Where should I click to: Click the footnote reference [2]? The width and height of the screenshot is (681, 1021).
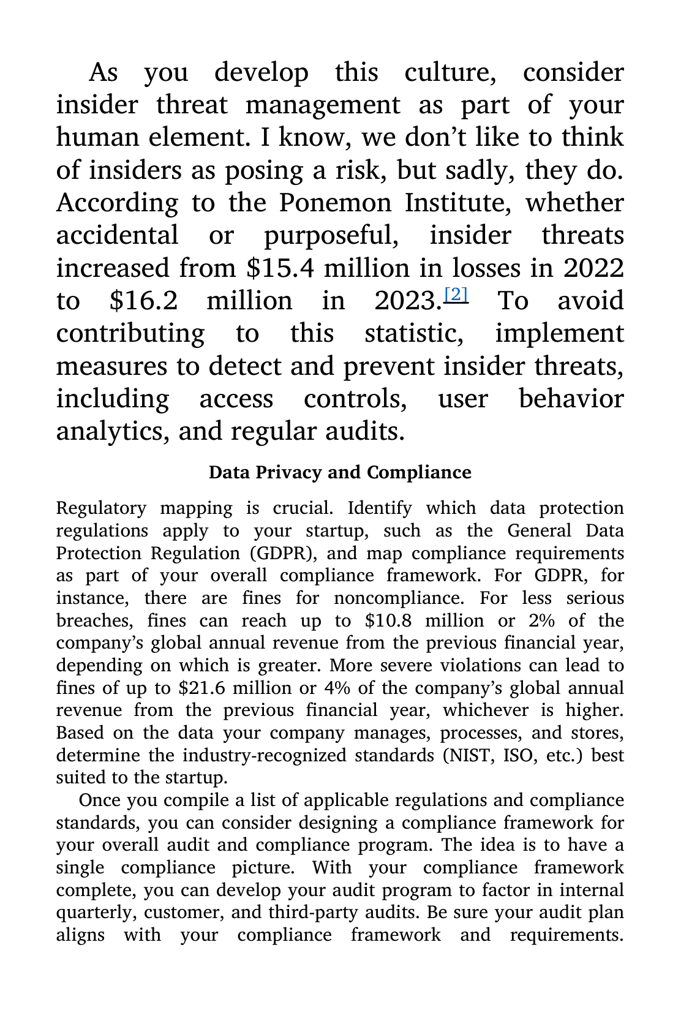click(x=455, y=295)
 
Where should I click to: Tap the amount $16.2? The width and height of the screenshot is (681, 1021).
click(x=144, y=301)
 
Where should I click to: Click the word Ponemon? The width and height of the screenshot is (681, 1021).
click(x=335, y=203)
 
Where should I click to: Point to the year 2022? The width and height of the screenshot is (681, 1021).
click(x=593, y=268)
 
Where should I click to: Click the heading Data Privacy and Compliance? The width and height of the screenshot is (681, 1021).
click(x=340, y=472)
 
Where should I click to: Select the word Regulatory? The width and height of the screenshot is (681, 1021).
click(x=101, y=508)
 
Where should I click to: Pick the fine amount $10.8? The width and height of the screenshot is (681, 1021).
click(x=388, y=620)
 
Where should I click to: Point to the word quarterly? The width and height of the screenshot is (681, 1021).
click(x=96, y=913)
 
